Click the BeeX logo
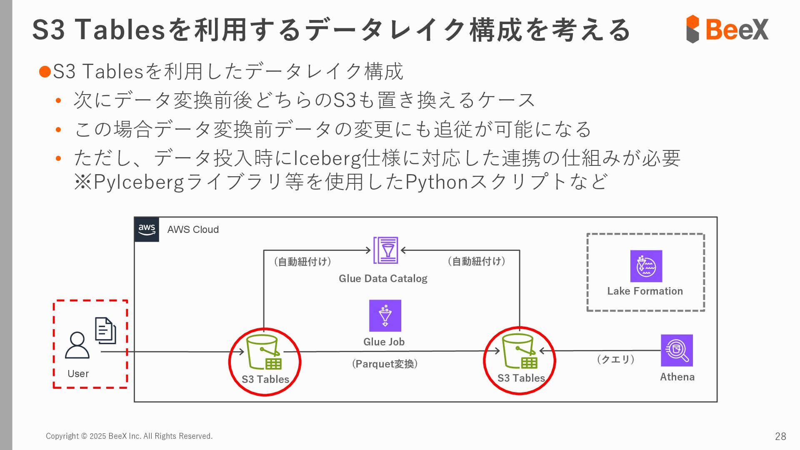click(727, 29)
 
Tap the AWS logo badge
click(147, 229)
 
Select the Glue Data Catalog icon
click(385, 250)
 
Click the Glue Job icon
click(385, 315)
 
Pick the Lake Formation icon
click(646, 266)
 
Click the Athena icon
click(677, 350)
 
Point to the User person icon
click(77, 345)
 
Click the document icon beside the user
click(105, 330)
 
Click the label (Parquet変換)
click(385, 364)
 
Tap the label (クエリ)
click(615, 359)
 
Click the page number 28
click(780, 436)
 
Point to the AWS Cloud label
click(193, 230)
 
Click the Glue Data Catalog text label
click(383, 278)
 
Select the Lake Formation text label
click(645, 291)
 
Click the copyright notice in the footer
click(129, 436)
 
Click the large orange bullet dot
click(45, 71)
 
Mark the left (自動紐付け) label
click(302, 262)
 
